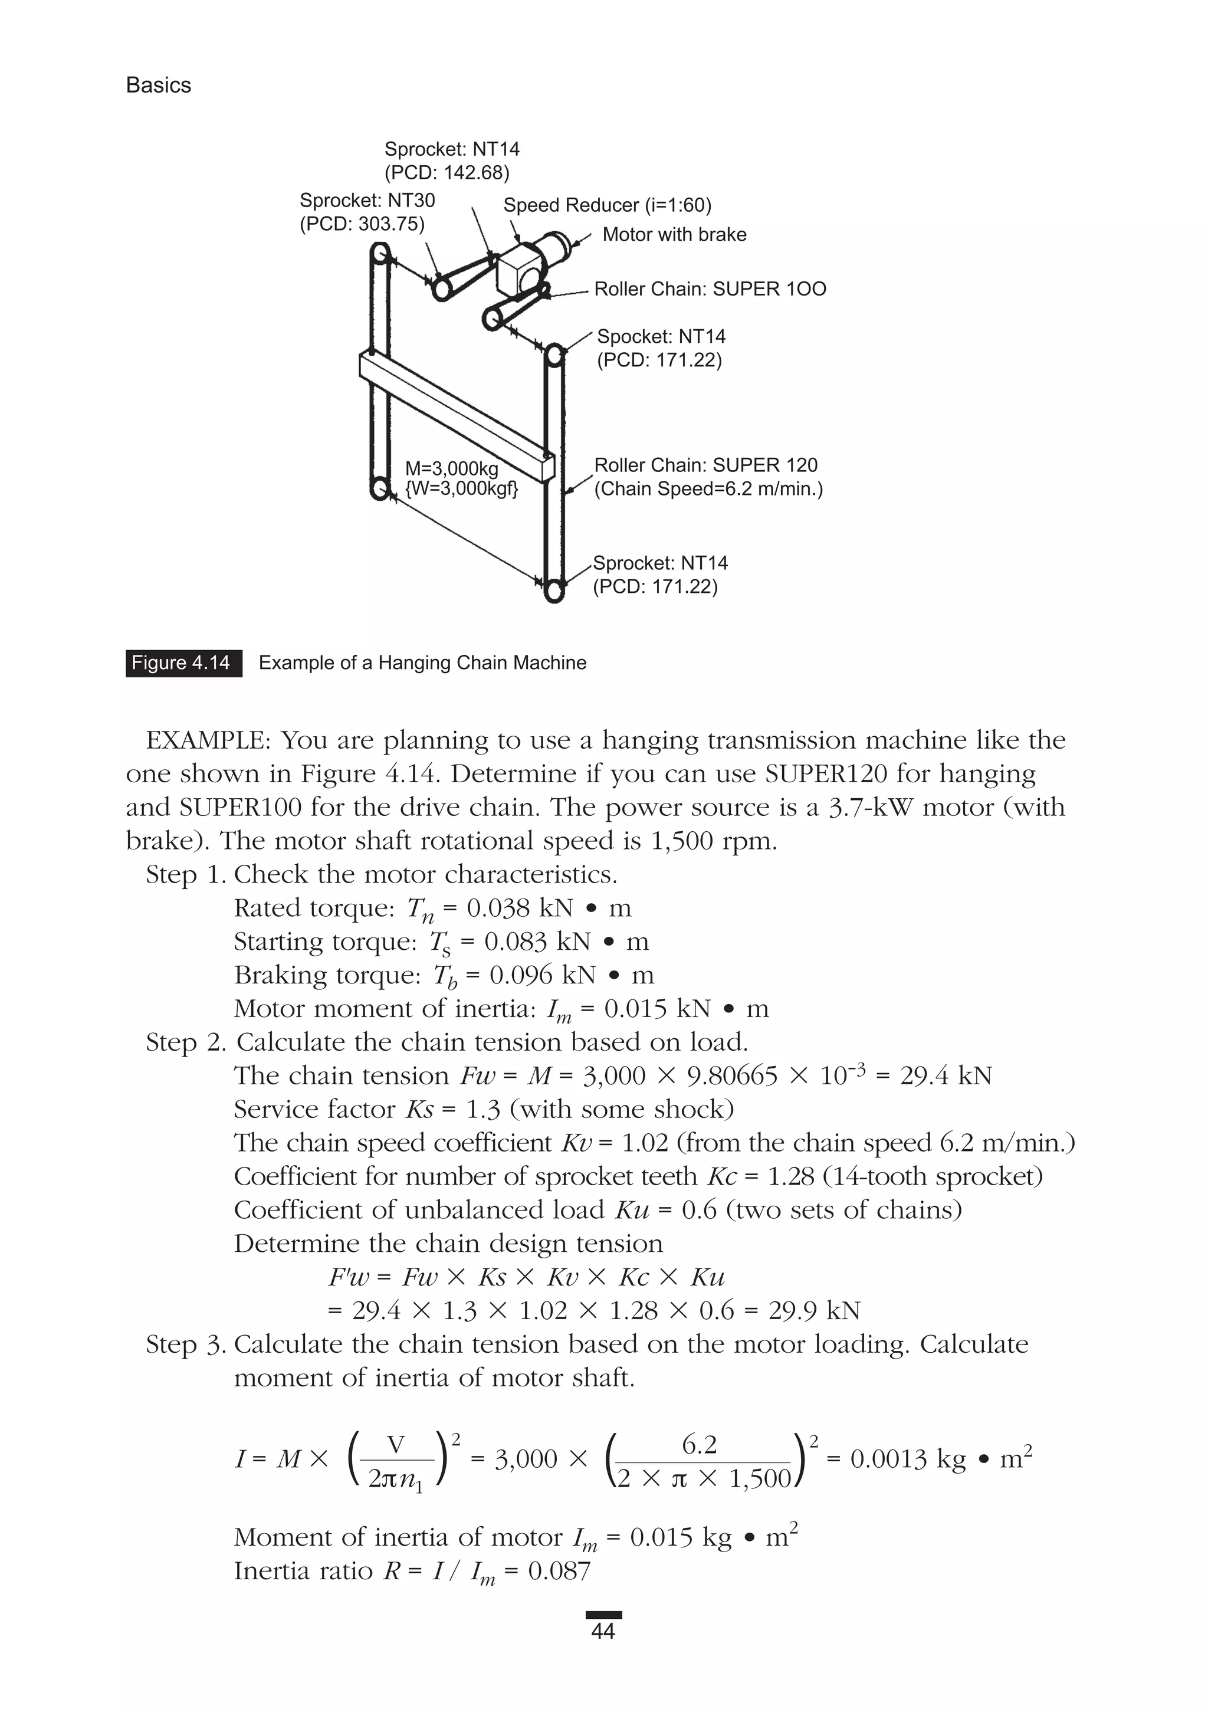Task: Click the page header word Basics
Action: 158,85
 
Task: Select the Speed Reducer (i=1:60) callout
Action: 607,205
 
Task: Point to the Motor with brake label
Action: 674,235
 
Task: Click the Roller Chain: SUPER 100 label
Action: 710,289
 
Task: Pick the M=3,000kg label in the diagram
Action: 451,469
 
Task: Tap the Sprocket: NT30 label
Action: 367,201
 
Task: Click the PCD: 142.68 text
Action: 447,173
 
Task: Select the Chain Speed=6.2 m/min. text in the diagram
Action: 708,489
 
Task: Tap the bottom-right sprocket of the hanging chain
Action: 553,591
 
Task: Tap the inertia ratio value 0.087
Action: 559,1571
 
